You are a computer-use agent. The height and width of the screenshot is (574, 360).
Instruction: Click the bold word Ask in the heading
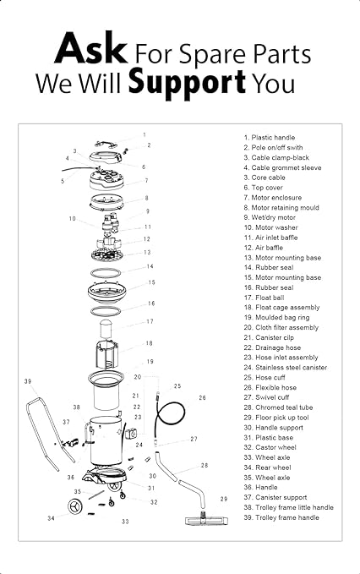point(91,48)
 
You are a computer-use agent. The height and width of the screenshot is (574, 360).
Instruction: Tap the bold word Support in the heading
point(187,83)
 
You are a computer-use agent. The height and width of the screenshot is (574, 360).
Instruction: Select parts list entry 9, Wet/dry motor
point(270,217)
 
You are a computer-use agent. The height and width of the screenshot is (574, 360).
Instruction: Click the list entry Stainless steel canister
point(286,368)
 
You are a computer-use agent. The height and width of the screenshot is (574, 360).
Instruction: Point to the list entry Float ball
point(264,298)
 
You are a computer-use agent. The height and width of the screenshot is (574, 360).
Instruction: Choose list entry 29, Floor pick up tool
point(276,418)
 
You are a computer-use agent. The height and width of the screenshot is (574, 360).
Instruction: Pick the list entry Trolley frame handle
point(281,517)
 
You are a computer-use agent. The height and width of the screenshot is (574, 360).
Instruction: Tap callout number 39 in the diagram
point(28,381)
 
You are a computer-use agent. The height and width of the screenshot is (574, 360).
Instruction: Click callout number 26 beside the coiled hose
point(202,397)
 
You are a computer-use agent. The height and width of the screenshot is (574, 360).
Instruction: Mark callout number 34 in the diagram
point(51,518)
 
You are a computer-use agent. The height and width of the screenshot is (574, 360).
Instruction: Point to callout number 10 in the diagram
point(72,219)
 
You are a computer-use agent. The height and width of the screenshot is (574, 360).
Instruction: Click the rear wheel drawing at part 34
point(75,506)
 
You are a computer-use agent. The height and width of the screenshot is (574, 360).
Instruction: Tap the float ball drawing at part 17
point(106,329)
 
